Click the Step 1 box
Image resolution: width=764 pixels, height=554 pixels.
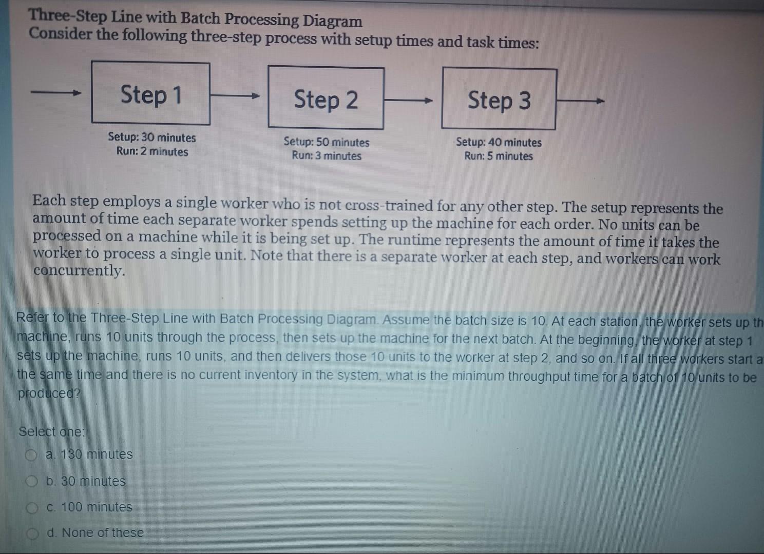(151, 93)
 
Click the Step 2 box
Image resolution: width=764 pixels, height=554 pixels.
(326, 98)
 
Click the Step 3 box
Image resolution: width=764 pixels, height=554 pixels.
(499, 100)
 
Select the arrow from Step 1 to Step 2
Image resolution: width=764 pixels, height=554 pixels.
(235, 95)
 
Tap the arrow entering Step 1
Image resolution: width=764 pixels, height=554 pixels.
(56, 92)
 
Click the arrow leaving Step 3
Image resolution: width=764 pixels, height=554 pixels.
(580, 102)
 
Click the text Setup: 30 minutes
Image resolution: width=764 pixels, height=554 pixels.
(152, 137)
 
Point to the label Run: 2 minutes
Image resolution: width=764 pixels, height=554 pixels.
(152, 151)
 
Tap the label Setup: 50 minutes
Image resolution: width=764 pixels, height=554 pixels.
(327, 142)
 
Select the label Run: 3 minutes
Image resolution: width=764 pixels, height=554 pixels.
(327, 156)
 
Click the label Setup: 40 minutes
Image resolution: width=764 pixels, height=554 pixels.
(499, 142)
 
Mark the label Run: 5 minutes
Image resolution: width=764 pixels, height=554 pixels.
(499, 156)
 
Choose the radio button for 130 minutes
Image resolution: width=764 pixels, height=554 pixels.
(31, 455)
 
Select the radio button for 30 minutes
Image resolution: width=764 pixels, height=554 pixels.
(32, 482)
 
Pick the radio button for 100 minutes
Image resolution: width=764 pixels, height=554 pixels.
(32, 508)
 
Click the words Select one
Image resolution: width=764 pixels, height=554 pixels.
(51, 431)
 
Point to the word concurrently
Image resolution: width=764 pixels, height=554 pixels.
(79, 270)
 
